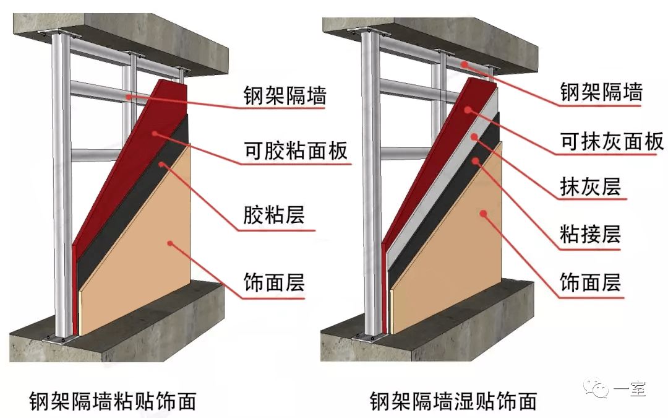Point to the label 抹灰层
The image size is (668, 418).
pos(590,186)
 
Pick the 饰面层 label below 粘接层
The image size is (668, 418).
pos(590,283)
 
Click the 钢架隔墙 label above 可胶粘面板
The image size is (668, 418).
pos(284,96)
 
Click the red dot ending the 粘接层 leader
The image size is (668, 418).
pos(477,161)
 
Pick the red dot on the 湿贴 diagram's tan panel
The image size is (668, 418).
pos(483,214)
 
